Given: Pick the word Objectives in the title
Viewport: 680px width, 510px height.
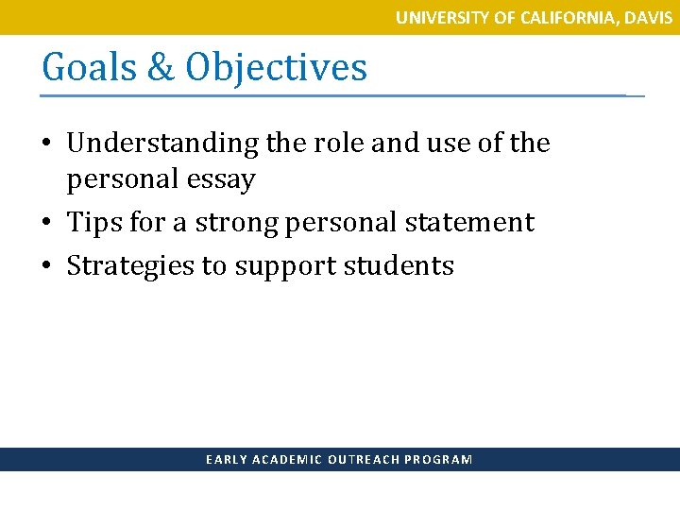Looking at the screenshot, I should pyautogui.click(x=276, y=67).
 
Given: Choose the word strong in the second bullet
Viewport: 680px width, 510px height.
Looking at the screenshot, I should pyautogui.click(x=239, y=223).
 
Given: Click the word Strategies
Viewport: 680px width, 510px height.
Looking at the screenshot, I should pyautogui.click(x=129, y=266).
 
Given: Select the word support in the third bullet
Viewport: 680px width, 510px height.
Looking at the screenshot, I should pyautogui.click(x=282, y=266).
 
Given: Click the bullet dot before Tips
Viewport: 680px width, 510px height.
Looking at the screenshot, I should pyautogui.click(x=48, y=224).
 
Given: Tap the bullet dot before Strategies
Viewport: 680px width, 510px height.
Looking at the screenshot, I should pyautogui.click(x=48, y=267).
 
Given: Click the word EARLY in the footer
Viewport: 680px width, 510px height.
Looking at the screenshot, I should pyautogui.click(x=227, y=460).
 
